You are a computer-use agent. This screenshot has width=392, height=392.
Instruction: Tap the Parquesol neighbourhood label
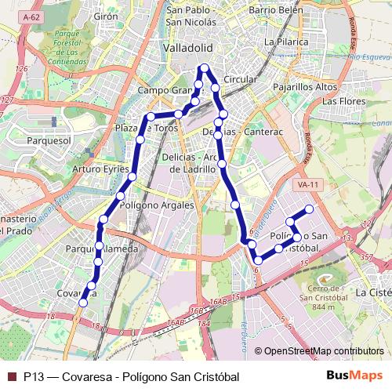click(49, 140)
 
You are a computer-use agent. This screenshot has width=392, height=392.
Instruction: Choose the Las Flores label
click(344, 101)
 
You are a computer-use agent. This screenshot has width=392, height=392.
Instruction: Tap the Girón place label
click(106, 16)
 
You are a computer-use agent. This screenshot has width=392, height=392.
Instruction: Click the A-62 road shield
click(32, 16)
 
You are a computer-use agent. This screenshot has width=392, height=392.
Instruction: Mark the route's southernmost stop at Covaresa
click(83, 303)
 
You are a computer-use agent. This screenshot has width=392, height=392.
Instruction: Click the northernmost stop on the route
click(204, 67)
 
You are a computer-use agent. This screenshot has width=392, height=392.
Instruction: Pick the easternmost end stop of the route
click(310, 209)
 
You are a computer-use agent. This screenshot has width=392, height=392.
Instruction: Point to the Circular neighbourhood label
click(240, 80)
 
